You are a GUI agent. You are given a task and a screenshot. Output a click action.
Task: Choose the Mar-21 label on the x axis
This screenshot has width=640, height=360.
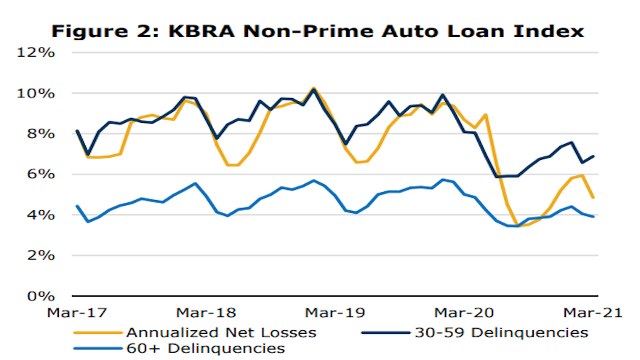tap(593, 313)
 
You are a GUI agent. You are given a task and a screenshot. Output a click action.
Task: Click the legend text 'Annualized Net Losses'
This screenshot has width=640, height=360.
tap(221, 332)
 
